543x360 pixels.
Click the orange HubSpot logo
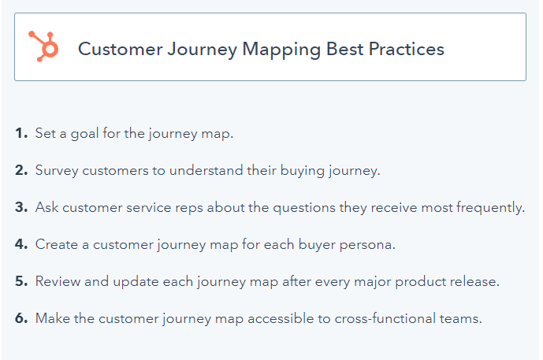click(43, 46)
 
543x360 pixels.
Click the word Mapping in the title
click(281, 50)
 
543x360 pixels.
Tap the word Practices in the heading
click(406, 49)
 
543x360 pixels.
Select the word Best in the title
click(344, 49)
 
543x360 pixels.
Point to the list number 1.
click(21, 133)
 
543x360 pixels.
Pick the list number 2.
click(21, 170)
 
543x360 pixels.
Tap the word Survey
click(57, 172)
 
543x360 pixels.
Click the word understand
click(206, 170)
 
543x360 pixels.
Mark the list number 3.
click(21, 207)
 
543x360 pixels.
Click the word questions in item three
click(304, 209)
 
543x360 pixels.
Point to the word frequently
click(490, 209)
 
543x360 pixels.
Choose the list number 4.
click(21, 244)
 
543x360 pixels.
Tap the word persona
click(367, 246)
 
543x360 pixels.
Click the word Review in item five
click(58, 281)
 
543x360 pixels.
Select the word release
click(474, 281)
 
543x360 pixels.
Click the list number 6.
click(21, 318)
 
